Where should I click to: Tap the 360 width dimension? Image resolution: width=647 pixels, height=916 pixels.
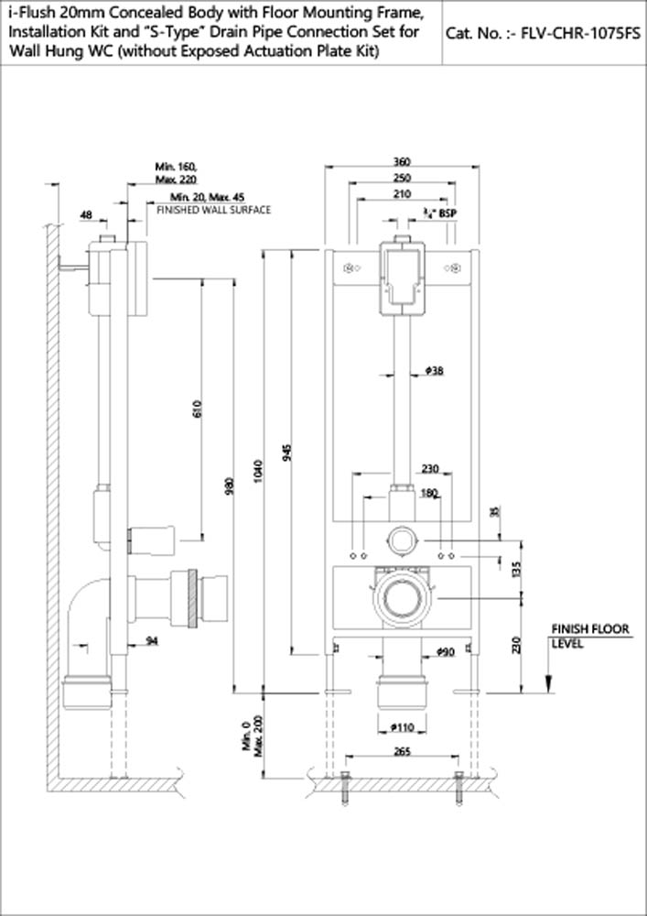[x=402, y=161]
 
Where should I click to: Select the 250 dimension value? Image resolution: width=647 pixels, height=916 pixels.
[x=402, y=178]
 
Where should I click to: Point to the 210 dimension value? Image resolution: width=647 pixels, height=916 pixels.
[x=402, y=194]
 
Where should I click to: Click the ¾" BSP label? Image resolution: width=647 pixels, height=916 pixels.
[x=443, y=213]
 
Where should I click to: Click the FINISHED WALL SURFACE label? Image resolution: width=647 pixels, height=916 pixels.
[x=213, y=210]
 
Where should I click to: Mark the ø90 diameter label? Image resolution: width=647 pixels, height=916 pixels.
[x=445, y=652]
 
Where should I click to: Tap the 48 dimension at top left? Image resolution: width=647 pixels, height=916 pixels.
[x=87, y=214]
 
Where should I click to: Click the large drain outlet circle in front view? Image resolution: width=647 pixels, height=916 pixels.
[x=402, y=600]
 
